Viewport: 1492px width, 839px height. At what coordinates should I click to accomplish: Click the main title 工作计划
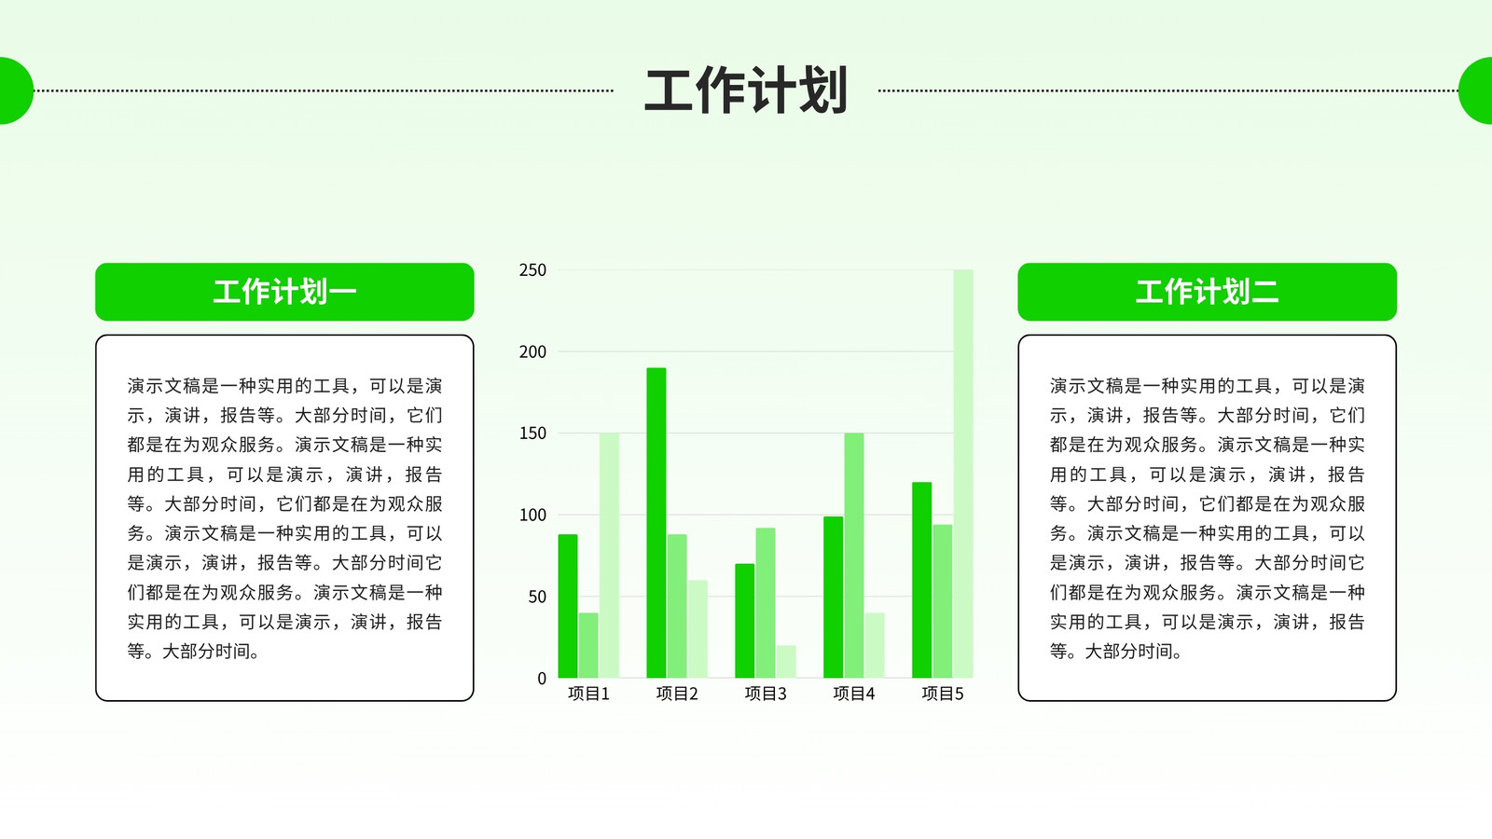point(745,90)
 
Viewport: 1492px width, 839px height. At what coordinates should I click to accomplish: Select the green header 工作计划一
point(284,292)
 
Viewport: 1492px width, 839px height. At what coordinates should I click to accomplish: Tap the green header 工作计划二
point(1207,292)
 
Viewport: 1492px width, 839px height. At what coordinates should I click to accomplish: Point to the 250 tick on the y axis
point(532,270)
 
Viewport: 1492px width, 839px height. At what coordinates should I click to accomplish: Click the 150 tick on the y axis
point(532,433)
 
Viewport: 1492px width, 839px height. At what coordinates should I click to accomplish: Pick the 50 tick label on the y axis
point(537,597)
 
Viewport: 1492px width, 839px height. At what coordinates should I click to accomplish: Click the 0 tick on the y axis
point(542,679)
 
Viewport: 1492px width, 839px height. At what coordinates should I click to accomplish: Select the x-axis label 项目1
point(588,694)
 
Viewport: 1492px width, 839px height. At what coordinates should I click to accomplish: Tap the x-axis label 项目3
point(766,694)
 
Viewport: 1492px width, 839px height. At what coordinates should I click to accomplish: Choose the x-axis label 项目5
point(943,694)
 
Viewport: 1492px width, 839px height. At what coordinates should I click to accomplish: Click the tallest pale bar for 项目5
point(963,475)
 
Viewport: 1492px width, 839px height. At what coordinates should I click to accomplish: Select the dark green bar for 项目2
point(656,523)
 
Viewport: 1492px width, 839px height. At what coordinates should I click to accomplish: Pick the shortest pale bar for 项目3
point(786,662)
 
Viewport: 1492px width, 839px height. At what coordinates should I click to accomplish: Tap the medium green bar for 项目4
point(854,556)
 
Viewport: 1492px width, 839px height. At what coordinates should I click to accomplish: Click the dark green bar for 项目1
point(568,606)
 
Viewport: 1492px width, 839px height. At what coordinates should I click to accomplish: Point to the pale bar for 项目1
point(609,556)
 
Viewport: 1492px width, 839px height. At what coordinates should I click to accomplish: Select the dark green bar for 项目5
point(922,580)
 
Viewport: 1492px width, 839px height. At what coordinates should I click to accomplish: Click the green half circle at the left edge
point(15,90)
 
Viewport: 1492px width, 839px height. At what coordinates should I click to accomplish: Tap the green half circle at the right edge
point(1476,90)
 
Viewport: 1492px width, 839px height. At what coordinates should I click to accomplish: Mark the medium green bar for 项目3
point(766,602)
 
